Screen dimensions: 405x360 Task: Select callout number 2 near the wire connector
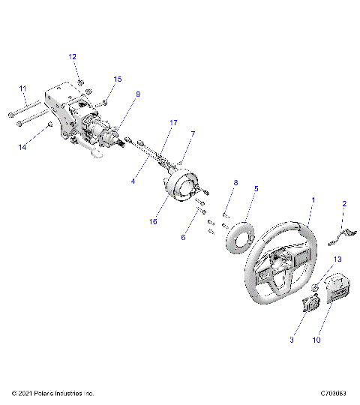tap(344, 203)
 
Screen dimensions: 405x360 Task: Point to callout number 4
tap(133, 181)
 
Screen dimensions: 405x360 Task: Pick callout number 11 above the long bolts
tap(22, 88)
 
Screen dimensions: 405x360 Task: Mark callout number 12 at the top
tap(73, 56)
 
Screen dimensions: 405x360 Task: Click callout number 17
tap(173, 121)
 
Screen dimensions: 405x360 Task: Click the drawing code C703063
tap(334, 393)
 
